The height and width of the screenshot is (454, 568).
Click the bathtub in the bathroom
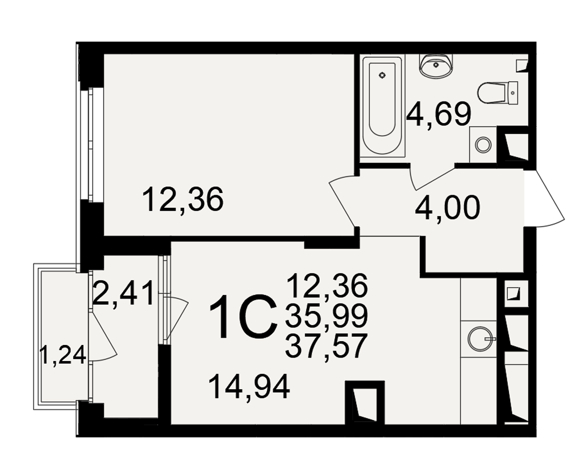pos(383,106)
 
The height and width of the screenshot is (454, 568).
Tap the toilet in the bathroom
pos(498,93)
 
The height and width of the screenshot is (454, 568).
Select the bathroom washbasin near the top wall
pos(436,65)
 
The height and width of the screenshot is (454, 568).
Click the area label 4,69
pos(438,115)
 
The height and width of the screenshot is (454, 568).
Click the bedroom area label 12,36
pos(183,200)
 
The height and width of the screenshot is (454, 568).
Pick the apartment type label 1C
pos(241,317)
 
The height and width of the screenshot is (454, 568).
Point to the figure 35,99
pos(327,316)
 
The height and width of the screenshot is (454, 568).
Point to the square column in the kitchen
pos(365,402)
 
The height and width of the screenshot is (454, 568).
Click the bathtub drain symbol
pos(382,75)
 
